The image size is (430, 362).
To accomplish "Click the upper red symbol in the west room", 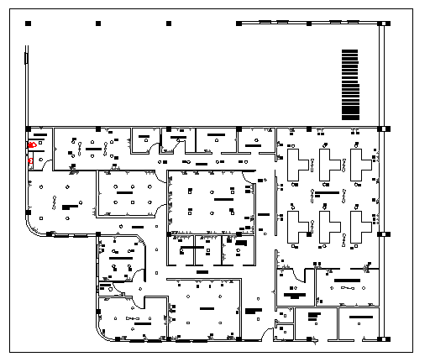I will pyautogui.click(x=32, y=144).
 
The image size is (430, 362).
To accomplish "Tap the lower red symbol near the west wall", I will pyautogui.click(x=31, y=160).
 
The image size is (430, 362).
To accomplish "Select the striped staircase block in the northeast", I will pyautogui.click(x=349, y=84).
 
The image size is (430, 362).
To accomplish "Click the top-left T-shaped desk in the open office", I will pyautogui.click(x=296, y=163).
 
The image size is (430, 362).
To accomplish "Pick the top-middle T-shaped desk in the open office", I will pyautogui.click(x=328, y=163).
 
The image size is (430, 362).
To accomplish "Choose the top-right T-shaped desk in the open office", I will pyautogui.click(x=361, y=163).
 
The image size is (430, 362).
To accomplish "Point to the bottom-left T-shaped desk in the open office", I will pyautogui.click(x=296, y=226).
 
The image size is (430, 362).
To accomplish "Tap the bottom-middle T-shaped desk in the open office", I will pyautogui.click(x=328, y=226).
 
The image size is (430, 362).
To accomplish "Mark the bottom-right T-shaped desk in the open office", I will pyautogui.click(x=361, y=226).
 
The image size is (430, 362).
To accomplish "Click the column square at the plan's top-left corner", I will pyautogui.click(x=28, y=24).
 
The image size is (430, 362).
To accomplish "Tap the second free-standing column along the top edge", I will pyautogui.click(x=99, y=24).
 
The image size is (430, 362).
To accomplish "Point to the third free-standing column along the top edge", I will pyautogui.click(x=170, y=24).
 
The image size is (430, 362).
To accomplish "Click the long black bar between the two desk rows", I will pyautogui.click(x=329, y=194).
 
